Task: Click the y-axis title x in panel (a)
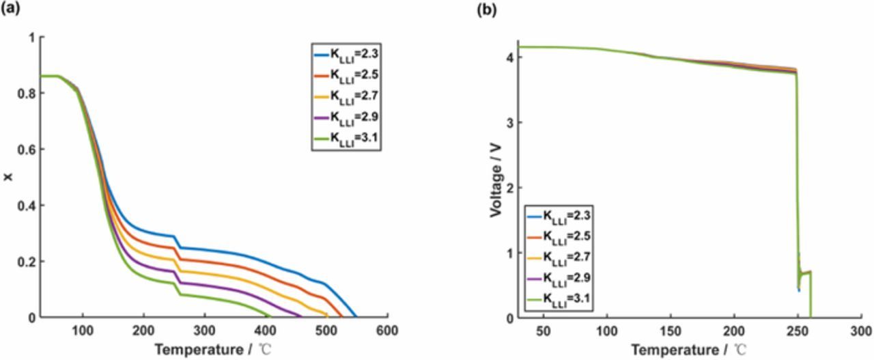coord(8,178)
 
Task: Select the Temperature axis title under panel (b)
coord(690,350)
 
